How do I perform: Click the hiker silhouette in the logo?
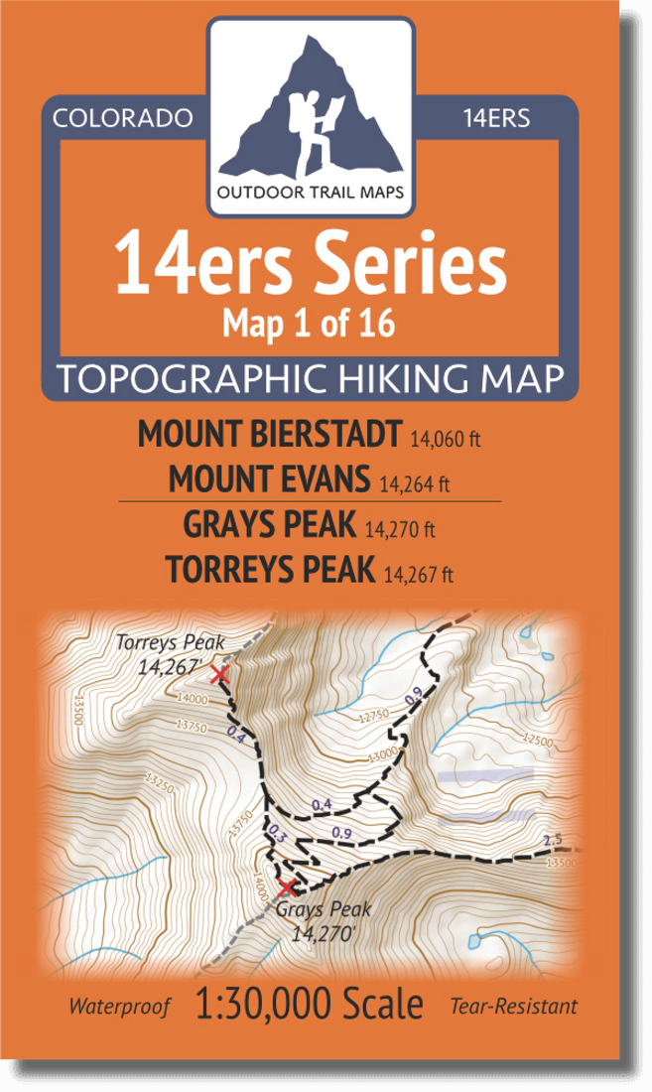pos(314,124)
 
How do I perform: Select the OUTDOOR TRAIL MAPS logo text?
pos(311,194)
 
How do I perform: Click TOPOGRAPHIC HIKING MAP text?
pos(310,377)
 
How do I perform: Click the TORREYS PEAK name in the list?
pos(270,570)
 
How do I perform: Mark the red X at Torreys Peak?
pos(219,675)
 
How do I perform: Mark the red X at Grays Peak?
pos(288,887)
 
